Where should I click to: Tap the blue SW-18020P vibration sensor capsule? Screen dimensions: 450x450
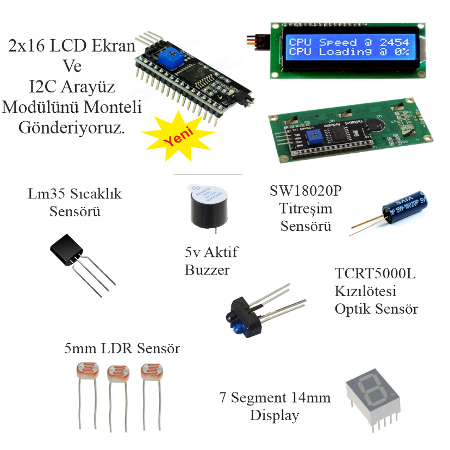pos(407,208)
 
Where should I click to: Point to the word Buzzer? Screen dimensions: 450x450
pos(207,270)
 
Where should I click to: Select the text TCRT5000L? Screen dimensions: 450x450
pos(375,274)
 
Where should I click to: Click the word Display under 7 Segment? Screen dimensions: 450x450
pos(274,416)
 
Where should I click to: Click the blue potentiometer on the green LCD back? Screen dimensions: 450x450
pos(313,136)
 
